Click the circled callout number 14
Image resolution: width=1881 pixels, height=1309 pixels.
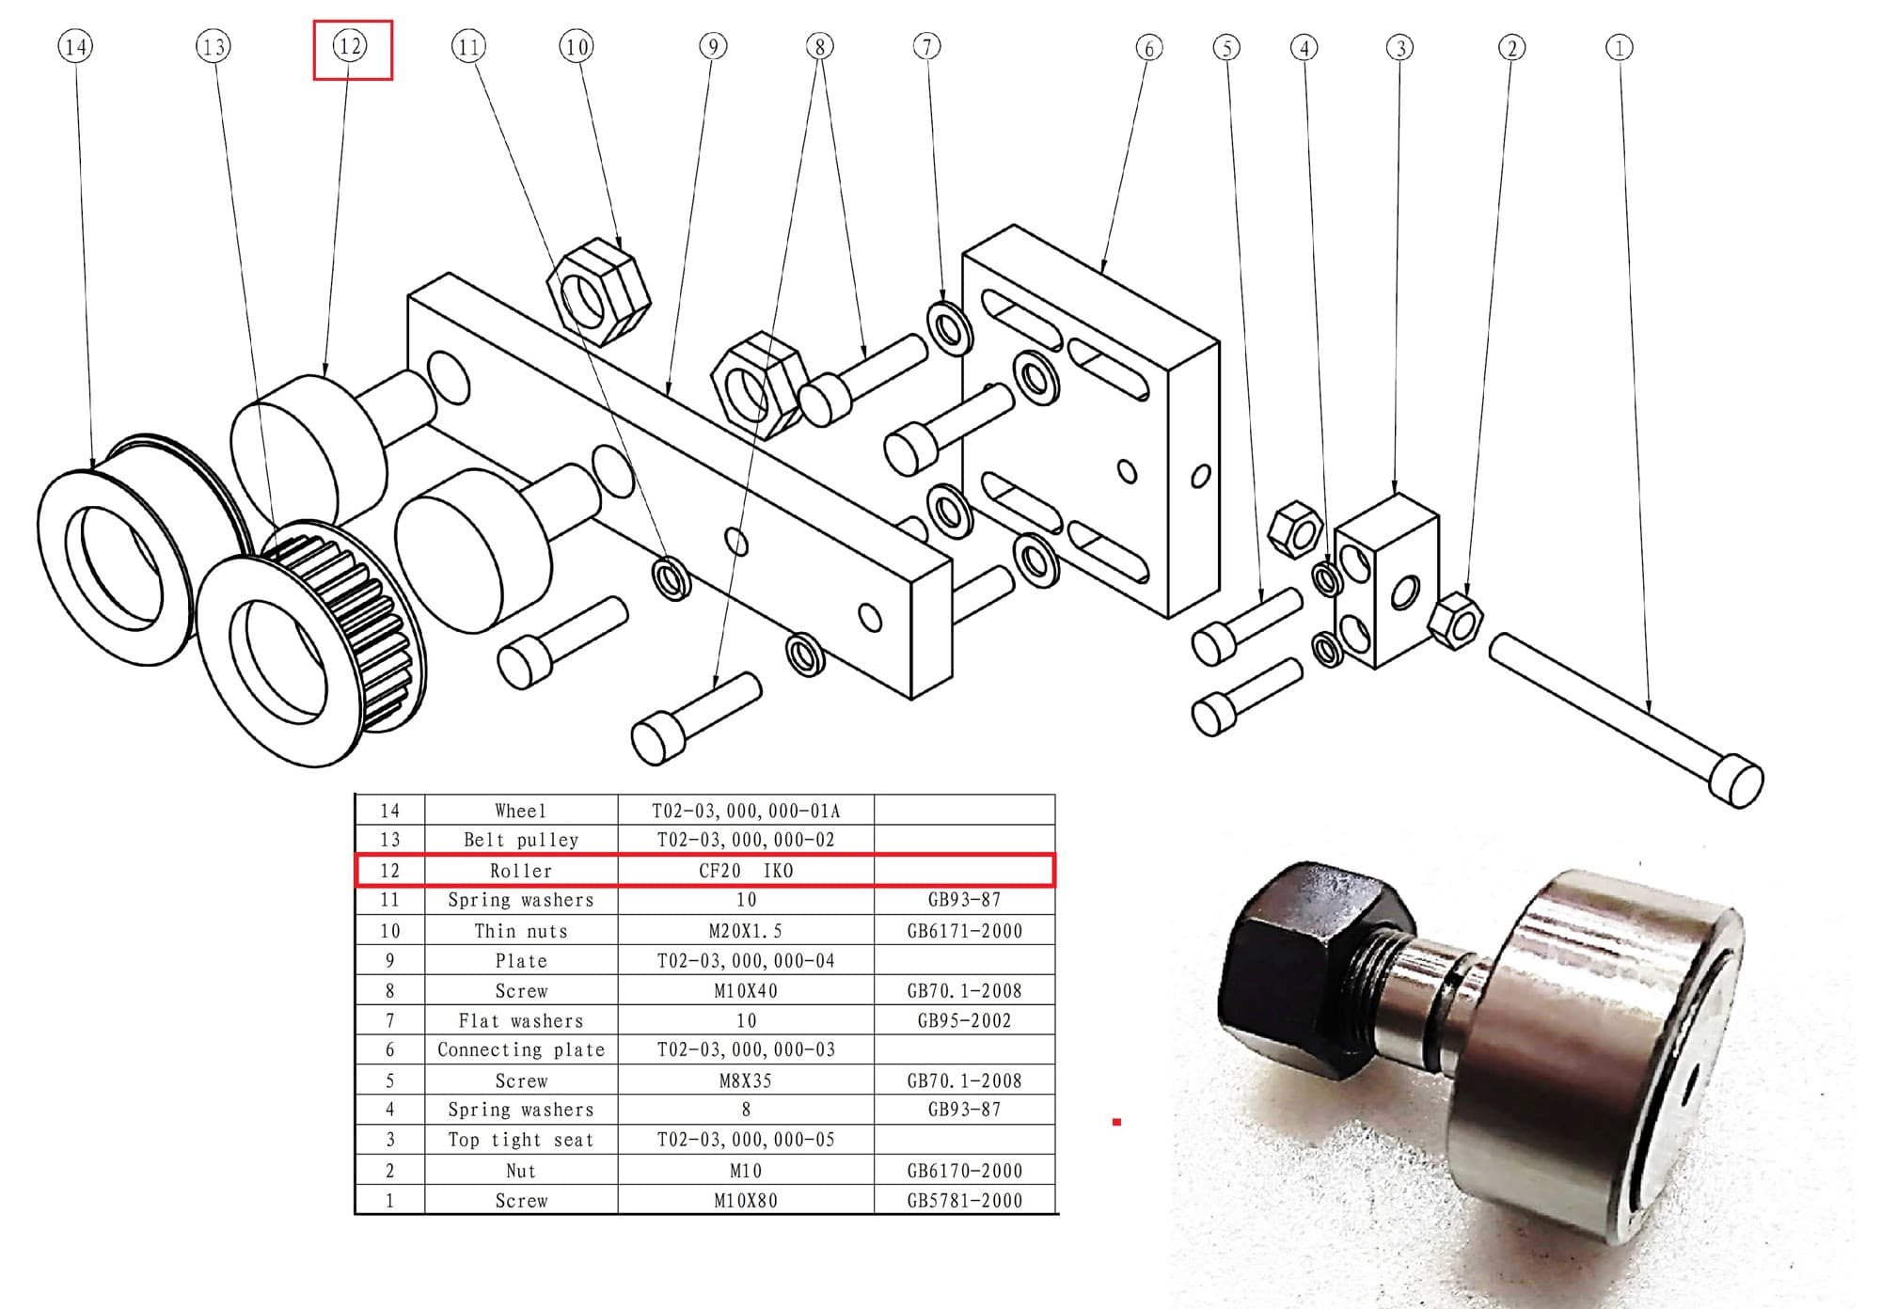(x=76, y=46)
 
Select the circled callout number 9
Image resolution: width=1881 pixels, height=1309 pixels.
(x=714, y=46)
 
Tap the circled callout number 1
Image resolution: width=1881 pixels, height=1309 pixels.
(x=1619, y=47)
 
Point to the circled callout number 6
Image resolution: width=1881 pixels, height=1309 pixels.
(x=1148, y=47)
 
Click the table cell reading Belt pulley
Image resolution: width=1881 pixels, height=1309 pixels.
(x=521, y=840)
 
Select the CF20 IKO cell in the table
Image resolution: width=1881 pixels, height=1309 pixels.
(x=746, y=871)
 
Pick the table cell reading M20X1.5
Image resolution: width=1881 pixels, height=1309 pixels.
(x=746, y=931)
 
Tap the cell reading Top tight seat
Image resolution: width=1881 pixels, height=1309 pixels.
(x=521, y=1140)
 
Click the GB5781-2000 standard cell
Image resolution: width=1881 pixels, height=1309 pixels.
(x=965, y=1200)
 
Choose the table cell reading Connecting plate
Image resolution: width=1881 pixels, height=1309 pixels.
(x=521, y=1049)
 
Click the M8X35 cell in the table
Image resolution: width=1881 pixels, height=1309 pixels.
(x=746, y=1080)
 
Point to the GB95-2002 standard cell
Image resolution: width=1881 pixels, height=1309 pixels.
(x=965, y=1020)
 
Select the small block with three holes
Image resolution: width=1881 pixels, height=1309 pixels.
(x=1386, y=580)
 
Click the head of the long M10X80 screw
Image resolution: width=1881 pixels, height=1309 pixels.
(x=1736, y=781)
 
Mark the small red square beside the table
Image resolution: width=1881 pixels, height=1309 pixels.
(x=1116, y=1122)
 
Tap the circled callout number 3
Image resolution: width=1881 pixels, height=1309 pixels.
(x=1400, y=47)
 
